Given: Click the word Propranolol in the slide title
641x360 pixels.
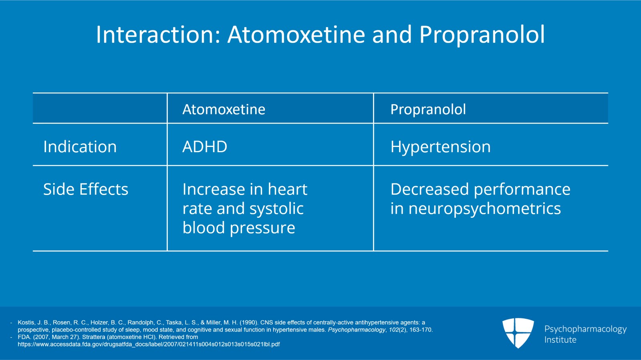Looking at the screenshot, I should point(482,35).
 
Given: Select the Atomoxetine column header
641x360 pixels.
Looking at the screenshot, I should point(224,109).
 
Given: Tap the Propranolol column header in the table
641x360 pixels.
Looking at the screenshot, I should point(428,109).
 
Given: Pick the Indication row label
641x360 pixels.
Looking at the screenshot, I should point(80,147).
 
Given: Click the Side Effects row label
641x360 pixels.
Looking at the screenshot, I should point(85,189).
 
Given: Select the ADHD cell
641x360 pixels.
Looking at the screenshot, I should point(205,147).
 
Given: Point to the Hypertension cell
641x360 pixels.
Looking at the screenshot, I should point(440,147).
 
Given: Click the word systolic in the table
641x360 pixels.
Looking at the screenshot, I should point(276,209).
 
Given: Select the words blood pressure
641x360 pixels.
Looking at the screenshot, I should point(238,228).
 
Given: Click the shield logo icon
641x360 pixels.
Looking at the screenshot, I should point(518,333).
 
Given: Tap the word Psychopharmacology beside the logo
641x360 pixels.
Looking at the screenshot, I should point(585,329).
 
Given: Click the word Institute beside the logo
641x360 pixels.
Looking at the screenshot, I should point(560,340).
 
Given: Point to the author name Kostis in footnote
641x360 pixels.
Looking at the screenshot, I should point(26,322).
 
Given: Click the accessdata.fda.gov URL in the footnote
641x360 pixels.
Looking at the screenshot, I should point(148,344).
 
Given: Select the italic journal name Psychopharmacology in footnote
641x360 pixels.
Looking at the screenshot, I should point(356,330).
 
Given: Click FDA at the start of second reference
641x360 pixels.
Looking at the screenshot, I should point(24,337).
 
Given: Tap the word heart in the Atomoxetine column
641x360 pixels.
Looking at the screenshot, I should point(287,189).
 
